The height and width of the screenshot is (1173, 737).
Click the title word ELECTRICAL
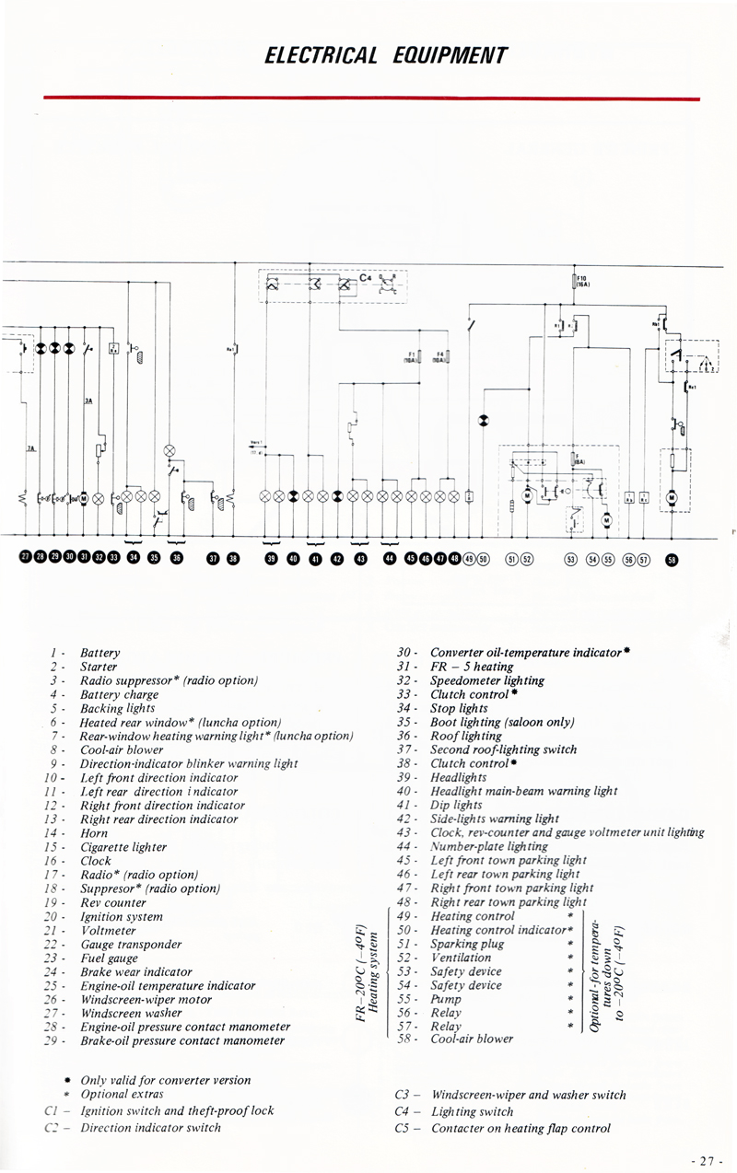tap(321, 55)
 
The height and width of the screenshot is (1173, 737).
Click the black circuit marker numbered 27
tap(26, 557)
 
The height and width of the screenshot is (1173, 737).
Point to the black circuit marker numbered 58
tap(671, 558)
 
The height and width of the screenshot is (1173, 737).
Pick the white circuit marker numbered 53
tap(570, 558)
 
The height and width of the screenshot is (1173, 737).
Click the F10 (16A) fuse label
tap(582, 281)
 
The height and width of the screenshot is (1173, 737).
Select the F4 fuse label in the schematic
tap(440, 355)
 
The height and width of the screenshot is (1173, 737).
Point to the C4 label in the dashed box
tap(365, 277)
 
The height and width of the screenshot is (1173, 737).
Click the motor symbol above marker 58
tap(671, 498)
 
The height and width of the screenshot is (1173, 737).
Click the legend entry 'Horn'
tap(94, 833)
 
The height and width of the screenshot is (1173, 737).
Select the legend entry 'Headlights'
tap(459, 777)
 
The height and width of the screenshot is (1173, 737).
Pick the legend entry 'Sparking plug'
tap(467, 944)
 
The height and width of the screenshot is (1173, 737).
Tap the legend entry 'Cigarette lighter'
tap(123, 847)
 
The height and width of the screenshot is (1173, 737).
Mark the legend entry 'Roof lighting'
tap(466, 736)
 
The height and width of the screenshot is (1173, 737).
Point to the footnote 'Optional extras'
tap(122, 1094)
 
